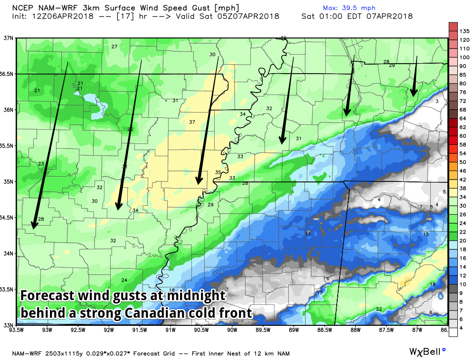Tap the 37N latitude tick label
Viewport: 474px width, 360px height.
pos(7,38)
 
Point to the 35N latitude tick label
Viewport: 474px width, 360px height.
pos(7,181)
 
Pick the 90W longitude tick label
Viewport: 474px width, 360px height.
pos(232,331)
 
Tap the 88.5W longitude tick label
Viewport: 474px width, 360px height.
pos(324,331)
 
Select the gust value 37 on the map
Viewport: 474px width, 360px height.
pos(192,122)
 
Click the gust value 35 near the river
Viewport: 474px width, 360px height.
pos(218,172)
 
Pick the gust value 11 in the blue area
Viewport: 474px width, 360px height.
pos(308,234)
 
